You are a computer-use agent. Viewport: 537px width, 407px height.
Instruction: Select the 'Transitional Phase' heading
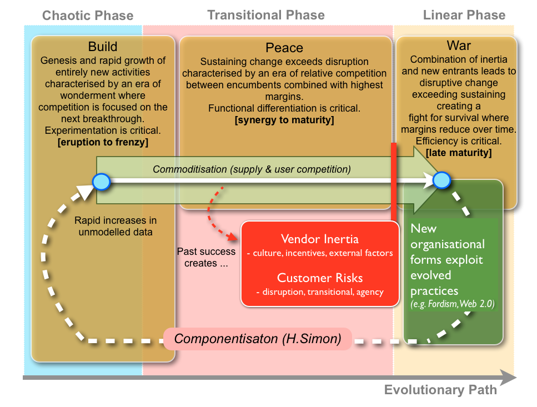266,15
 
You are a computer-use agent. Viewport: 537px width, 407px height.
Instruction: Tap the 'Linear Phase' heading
464,15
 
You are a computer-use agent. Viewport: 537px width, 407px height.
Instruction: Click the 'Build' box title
103,46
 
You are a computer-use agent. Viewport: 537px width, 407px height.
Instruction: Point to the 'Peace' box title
285,48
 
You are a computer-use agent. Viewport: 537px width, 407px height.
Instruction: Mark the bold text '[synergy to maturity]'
285,120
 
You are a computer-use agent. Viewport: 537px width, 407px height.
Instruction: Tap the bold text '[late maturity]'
459,152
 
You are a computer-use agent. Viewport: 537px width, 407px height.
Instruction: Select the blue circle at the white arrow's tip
441,180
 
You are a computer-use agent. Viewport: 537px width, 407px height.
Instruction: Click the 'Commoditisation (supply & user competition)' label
252,168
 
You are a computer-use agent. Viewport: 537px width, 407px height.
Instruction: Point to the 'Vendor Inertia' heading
319,239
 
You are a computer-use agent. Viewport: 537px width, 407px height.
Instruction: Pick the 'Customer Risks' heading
319,278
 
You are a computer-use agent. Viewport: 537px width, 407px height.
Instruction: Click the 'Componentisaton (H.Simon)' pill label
258,338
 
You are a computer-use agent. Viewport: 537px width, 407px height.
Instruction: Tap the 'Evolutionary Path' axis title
440,390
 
